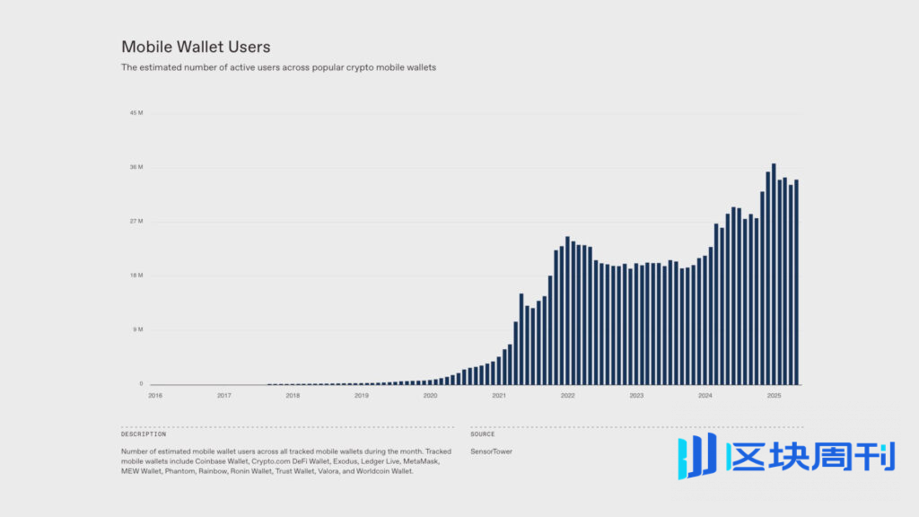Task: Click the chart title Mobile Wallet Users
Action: (x=196, y=47)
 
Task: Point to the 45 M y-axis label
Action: (x=136, y=113)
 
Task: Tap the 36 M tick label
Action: (x=136, y=168)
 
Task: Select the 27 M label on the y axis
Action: (x=136, y=222)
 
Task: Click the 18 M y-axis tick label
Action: (x=136, y=276)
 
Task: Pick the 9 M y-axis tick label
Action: (x=138, y=329)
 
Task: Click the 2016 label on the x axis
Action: (x=155, y=395)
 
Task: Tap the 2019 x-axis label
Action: (x=361, y=395)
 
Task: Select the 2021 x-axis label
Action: (x=499, y=395)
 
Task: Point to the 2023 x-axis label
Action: (x=636, y=395)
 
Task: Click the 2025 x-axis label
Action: (x=774, y=395)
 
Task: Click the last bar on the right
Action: (x=796, y=282)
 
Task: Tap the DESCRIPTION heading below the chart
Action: (x=144, y=434)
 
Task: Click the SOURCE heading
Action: (x=483, y=434)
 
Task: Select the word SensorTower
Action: (x=491, y=451)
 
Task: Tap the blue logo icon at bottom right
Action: (x=697, y=455)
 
